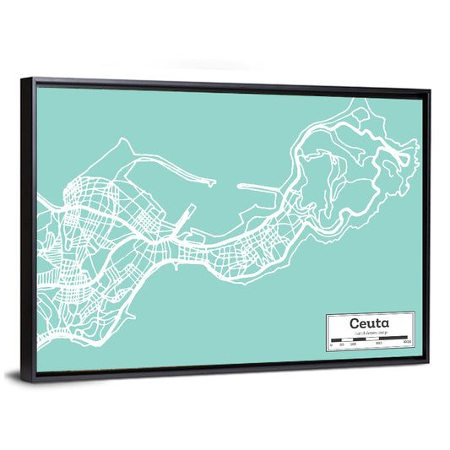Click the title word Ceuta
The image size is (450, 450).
point(369,323)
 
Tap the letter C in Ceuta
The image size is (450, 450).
point(355,323)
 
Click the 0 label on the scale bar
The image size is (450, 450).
point(331,344)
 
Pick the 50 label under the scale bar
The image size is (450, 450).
point(340,344)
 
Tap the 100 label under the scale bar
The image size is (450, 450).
point(350,344)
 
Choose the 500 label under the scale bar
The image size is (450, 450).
point(379,344)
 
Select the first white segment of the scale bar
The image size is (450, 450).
point(336,339)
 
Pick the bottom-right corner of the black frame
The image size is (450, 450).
point(428,361)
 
